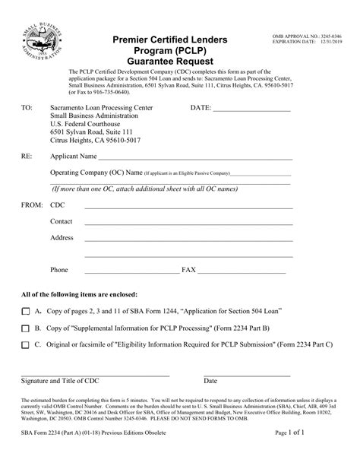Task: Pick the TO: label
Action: (27, 109)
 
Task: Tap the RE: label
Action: (27, 157)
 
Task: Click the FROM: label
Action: (31, 205)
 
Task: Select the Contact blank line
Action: (187, 223)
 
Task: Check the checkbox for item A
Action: (26, 311)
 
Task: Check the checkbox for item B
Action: (26, 328)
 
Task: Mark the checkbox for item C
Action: (26, 344)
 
